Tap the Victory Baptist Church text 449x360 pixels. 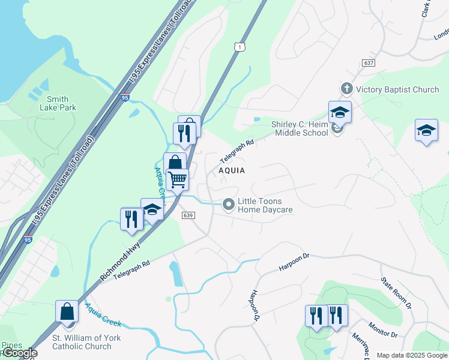point(397,89)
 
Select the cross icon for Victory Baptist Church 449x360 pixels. point(346,89)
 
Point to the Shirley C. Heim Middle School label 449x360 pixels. point(300,128)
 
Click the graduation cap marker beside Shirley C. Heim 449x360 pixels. point(340,112)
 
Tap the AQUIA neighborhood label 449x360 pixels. point(232,170)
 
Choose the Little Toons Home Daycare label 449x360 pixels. point(265,205)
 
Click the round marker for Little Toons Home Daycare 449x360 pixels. point(228,205)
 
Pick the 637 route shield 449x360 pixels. point(369,63)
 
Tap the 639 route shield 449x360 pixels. point(188,215)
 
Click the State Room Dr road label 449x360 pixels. point(397,292)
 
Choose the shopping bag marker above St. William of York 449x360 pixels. point(67,311)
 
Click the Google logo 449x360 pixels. point(19,353)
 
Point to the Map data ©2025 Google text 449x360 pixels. point(411,355)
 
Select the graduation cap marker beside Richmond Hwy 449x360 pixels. point(152,209)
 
